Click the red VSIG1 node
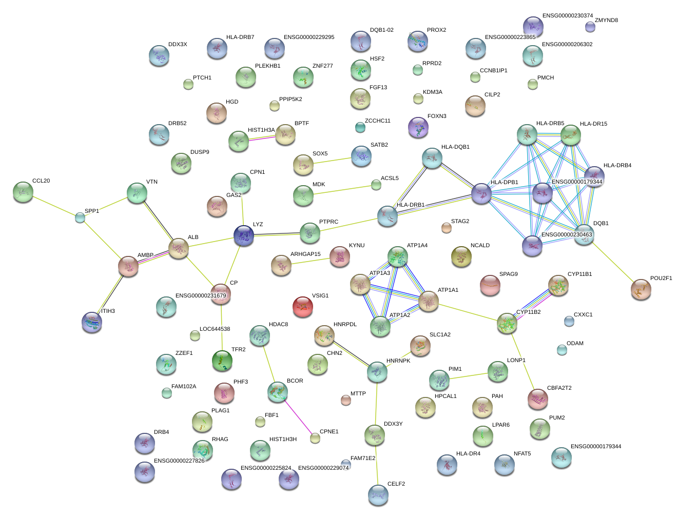[303, 307]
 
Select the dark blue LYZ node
[244, 235]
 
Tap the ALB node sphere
[179, 248]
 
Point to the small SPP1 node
[80, 217]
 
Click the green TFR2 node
[222, 360]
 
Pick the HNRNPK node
[377, 372]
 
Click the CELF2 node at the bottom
[378, 494]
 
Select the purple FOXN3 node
[418, 127]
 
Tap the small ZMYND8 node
[590, 27]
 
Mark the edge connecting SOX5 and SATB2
[332, 160]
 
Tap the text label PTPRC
[328, 222]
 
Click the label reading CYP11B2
[528, 312]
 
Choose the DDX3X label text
[178, 45]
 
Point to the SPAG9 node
[490, 285]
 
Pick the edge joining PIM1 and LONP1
[468, 376]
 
